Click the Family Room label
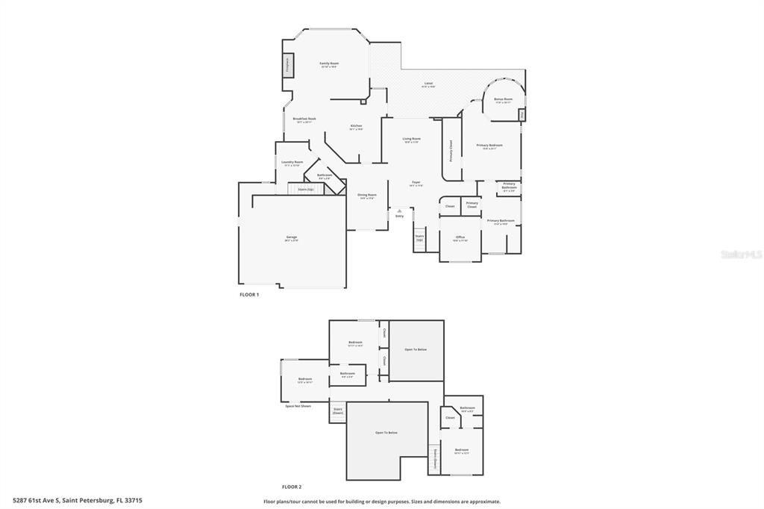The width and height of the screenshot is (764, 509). (x=329, y=64)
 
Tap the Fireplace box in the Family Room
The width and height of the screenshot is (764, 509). (x=286, y=65)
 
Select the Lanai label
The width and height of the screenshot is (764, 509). (x=428, y=84)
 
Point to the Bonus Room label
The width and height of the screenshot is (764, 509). (x=503, y=99)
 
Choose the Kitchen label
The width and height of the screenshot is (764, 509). (x=356, y=126)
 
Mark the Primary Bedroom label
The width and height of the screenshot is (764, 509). (x=489, y=146)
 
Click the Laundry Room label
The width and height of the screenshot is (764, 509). (x=292, y=163)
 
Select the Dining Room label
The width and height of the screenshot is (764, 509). (x=367, y=196)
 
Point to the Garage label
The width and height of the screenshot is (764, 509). (x=291, y=238)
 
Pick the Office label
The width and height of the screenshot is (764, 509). (x=460, y=238)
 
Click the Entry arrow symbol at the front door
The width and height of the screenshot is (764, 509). (x=399, y=210)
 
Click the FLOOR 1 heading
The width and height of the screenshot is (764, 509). (x=248, y=295)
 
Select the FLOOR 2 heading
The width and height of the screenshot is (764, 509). (x=292, y=487)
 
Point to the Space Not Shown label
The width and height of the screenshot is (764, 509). (x=298, y=406)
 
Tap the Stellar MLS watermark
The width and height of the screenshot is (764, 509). (x=741, y=254)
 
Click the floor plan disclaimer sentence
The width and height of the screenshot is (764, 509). (x=382, y=502)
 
